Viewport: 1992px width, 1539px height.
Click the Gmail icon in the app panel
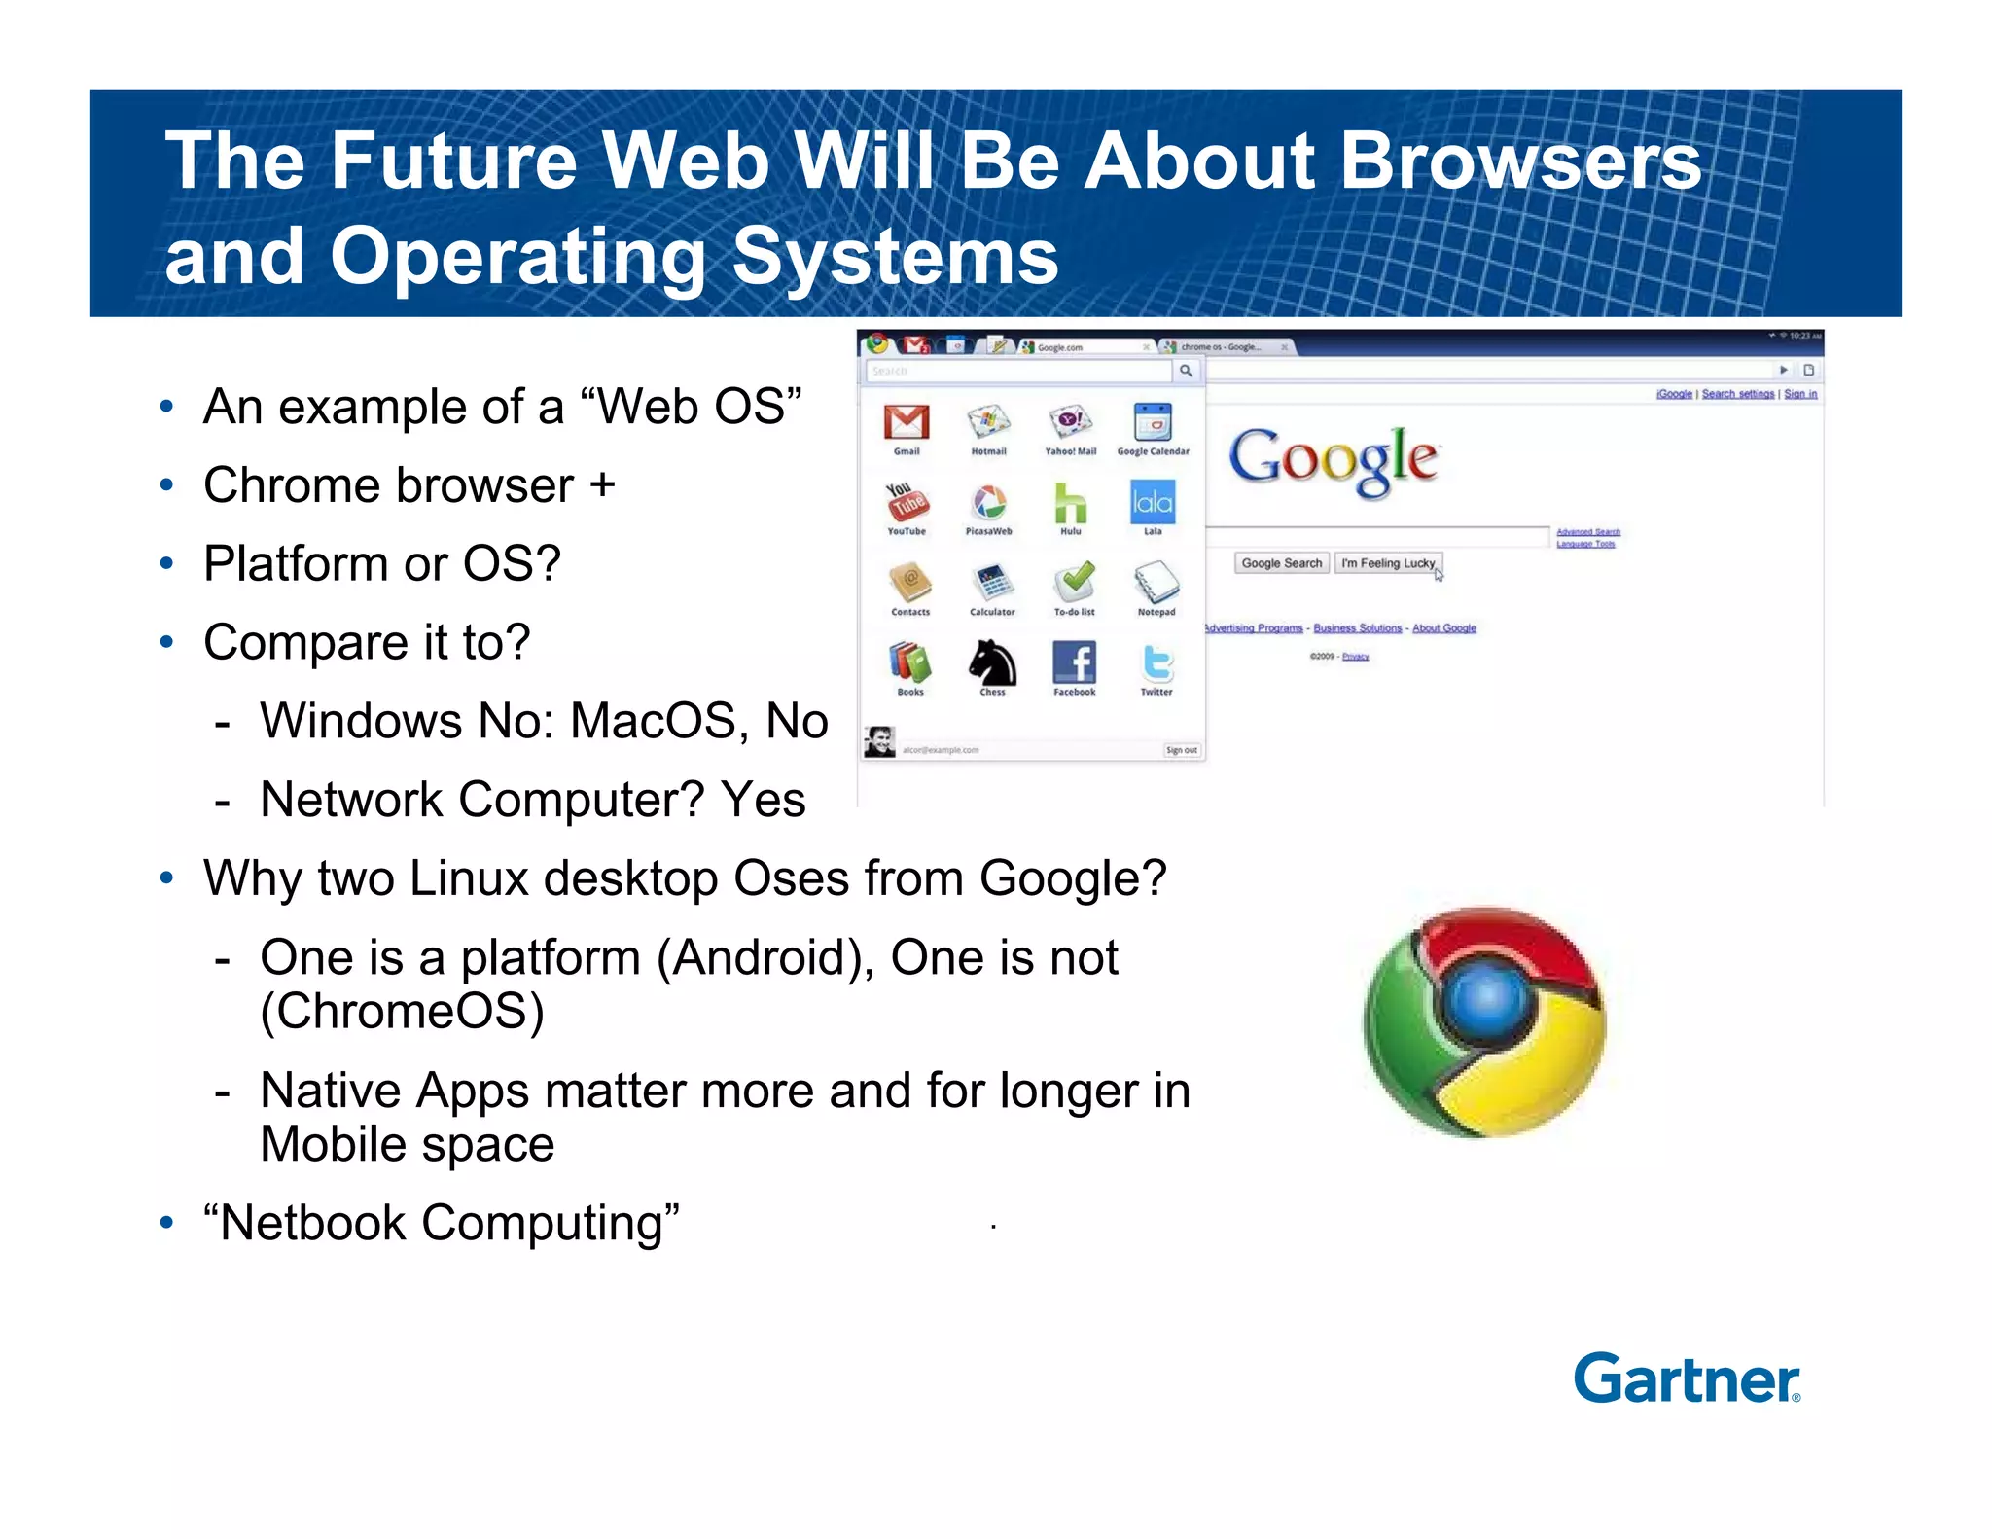(x=907, y=423)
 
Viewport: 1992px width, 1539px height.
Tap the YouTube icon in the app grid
(x=907, y=503)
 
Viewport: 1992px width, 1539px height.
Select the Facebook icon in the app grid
(x=1074, y=663)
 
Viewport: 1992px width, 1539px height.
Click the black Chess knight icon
(x=992, y=663)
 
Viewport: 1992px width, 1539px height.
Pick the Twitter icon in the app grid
(x=1156, y=663)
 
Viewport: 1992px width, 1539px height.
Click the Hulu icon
(x=1070, y=503)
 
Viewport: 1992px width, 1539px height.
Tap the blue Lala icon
(x=1153, y=503)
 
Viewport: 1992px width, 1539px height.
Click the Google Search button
(x=1281, y=563)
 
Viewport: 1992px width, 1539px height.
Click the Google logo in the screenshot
(x=1334, y=459)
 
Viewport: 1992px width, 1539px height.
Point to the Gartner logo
(x=1687, y=1379)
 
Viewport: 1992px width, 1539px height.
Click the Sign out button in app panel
(x=1182, y=750)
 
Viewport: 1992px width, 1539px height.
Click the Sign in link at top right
(x=1800, y=394)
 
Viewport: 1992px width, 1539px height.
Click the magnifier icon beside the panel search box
(x=1186, y=371)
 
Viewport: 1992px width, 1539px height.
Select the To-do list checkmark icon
(x=1074, y=583)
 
